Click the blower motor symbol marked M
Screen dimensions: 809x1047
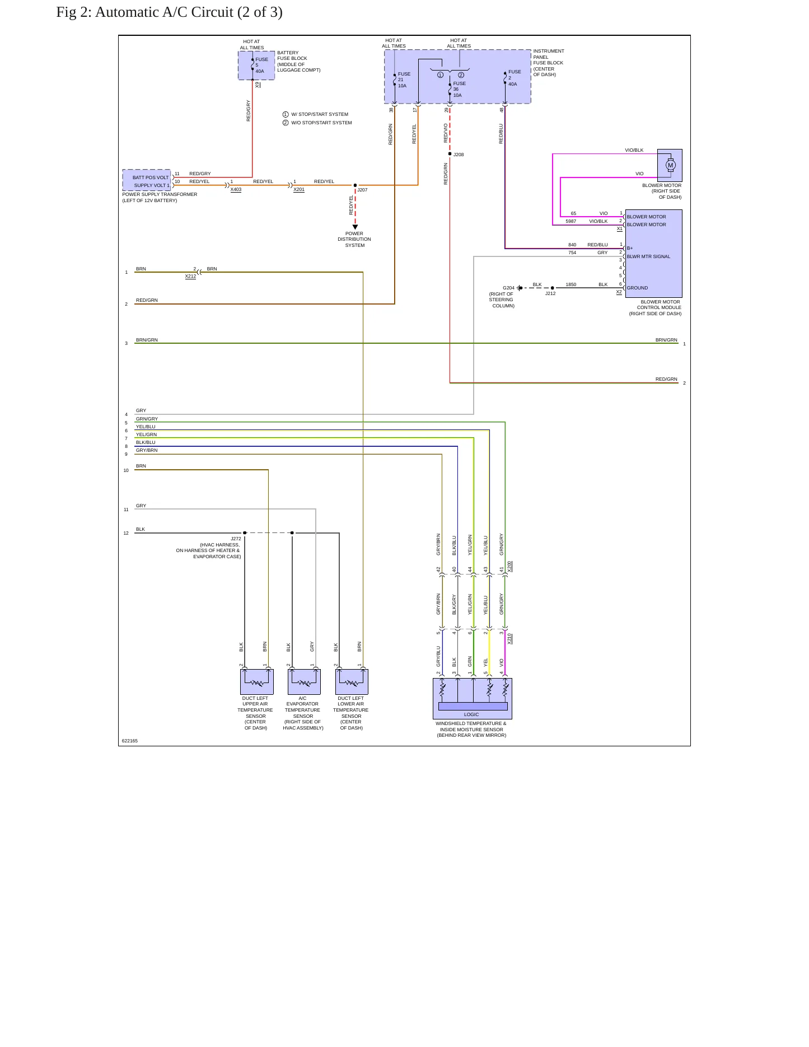[x=671, y=165]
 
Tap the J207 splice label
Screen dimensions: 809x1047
[x=362, y=190]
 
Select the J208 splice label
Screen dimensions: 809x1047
[x=459, y=155]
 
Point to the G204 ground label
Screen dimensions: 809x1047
[x=508, y=288]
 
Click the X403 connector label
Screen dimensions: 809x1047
[x=236, y=189]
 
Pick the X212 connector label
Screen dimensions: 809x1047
[x=190, y=276]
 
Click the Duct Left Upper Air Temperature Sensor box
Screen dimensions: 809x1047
[x=257, y=681]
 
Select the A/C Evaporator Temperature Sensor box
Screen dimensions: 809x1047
[x=304, y=681]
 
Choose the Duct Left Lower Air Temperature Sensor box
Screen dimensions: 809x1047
[x=352, y=681]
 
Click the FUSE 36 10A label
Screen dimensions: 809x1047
[x=459, y=90]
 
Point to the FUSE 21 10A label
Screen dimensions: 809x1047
[x=404, y=80]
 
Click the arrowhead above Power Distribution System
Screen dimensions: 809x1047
[x=355, y=227]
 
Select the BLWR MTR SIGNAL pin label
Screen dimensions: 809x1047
[x=648, y=256]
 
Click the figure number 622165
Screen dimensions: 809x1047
[x=129, y=741]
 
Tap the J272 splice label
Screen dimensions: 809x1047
[x=236, y=539]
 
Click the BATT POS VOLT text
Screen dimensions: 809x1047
[x=151, y=177]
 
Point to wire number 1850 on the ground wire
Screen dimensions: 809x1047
[x=570, y=284]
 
